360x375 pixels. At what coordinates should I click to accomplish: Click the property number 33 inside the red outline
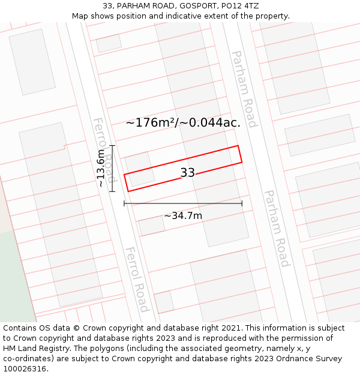click(188, 173)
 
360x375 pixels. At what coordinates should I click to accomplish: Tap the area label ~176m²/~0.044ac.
click(183, 122)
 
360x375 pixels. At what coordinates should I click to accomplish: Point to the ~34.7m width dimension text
click(183, 215)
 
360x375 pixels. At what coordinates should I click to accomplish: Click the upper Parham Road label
click(244, 89)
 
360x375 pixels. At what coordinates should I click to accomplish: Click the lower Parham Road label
click(277, 229)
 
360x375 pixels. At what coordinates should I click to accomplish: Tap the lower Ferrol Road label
click(137, 280)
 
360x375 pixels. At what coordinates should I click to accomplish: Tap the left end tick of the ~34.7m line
click(124, 203)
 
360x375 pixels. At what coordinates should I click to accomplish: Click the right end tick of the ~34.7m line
click(242, 203)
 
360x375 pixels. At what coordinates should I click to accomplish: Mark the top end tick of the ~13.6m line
click(112, 146)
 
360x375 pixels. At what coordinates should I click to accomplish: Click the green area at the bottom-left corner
click(15, 282)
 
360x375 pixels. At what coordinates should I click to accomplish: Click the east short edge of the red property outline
click(240, 154)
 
